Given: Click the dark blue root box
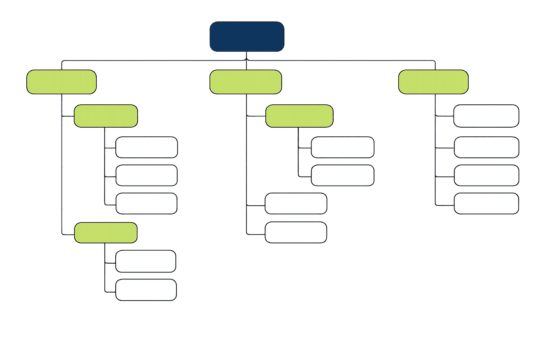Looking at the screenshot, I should [x=247, y=37].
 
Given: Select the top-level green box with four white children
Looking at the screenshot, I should [x=433, y=82].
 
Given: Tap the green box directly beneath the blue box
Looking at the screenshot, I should [x=245, y=82].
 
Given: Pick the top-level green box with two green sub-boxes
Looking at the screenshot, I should [x=62, y=82].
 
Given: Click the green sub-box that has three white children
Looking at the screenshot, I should [x=105, y=116].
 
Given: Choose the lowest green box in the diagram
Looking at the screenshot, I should [x=105, y=233].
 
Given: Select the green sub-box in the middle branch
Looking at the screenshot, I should [x=299, y=116].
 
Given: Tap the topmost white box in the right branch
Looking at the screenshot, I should [x=486, y=116].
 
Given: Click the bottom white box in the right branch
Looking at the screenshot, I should [x=486, y=203].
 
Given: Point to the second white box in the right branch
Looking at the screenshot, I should [x=486, y=147].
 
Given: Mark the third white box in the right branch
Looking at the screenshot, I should [x=486, y=175].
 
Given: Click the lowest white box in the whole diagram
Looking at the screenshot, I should [x=146, y=290].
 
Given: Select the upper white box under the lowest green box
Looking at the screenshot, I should [x=146, y=261].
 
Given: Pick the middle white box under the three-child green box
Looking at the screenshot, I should [x=146, y=175].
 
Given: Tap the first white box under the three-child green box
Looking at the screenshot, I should [x=146, y=147].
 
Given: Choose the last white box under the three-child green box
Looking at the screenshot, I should [x=146, y=203].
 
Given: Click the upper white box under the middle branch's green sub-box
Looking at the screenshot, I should [x=342, y=147].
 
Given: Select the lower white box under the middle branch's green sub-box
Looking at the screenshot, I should [x=342, y=175].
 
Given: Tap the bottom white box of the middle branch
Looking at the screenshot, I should [x=296, y=232].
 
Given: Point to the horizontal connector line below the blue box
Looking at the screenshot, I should [x=158, y=60].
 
